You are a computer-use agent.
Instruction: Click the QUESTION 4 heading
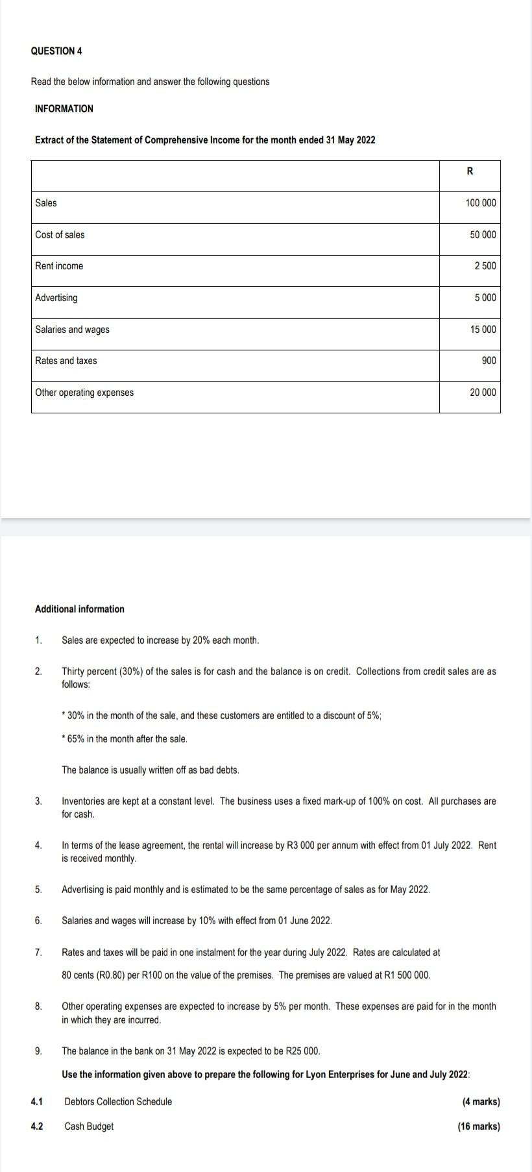pyautogui.click(x=56, y=51)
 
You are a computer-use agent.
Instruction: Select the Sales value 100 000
pyautogui.click(x=480, y=203)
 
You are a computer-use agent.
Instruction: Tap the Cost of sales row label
pyautogui.click(x=60, y=235)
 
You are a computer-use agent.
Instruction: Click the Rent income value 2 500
pyautogui.click(x=485, y=266)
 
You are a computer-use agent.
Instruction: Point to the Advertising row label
pyautogui.click(x=56, y=298)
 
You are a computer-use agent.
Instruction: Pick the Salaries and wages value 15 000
pyautogui.click(x=483, y=330)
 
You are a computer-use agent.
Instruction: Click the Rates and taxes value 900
pyautogui.click(x=489, y=361)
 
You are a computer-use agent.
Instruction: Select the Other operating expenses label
pyautogui.click(x=84, y=393)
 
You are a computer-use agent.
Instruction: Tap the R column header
pyautogui.click(x=470, y=171)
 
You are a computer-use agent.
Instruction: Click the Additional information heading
pyautogui.click(x=79, y=609)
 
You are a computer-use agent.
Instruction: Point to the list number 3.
pyautogui.click(x=38, y=801)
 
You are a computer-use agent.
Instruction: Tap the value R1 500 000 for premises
pyautogui.click(x=405, y=975)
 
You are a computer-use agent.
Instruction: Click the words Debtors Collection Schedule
pyautogui.click(x=118, y=1102)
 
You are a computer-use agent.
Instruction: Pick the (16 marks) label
pyautogui.click(x=478, y=1127)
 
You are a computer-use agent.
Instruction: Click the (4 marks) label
pyautogui.click(x=481, y=1102)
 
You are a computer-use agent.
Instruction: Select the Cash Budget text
pyautogui.click(x=89, y=1127)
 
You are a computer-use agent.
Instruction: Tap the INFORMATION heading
pyautogui.click(x=64, y=109)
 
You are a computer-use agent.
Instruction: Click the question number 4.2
pyautogui.click(x=37, y=1127)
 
